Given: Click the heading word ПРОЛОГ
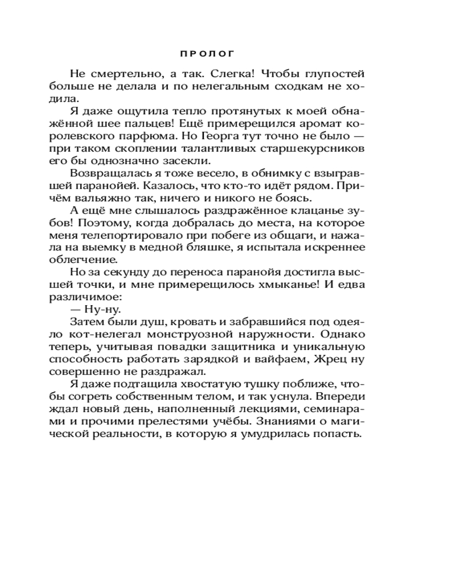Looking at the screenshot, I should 207,54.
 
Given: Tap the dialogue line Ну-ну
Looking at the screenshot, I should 102,309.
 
